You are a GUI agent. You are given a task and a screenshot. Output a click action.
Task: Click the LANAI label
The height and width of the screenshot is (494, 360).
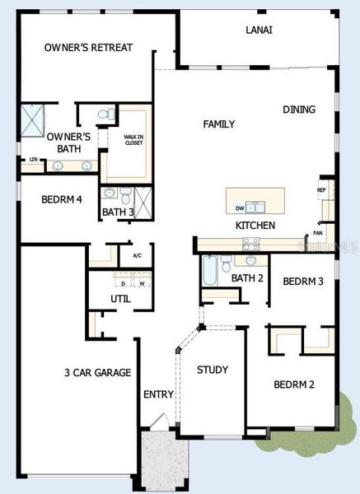tap(259, 30)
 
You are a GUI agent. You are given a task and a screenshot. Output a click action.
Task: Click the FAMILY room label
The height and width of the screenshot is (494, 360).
tap(219, 124)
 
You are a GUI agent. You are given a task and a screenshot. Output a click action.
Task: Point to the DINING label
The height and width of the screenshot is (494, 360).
tap(298, 110)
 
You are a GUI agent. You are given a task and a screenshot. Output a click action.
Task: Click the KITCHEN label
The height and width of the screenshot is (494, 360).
tap(255, 226)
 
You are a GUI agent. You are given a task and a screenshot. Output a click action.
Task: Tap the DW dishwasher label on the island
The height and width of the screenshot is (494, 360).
tap(240, 208)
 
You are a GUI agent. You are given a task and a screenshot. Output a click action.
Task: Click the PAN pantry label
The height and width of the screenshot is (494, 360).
tap(317, 233)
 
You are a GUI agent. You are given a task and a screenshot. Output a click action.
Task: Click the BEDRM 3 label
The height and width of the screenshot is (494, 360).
tap(302, 282)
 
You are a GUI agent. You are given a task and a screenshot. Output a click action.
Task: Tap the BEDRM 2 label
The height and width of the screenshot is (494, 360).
tap(293, 384)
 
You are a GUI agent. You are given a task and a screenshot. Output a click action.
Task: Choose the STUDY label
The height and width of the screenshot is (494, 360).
tap(213, 370)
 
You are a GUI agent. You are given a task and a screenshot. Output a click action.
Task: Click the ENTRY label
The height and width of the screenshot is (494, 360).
tap(158, 394)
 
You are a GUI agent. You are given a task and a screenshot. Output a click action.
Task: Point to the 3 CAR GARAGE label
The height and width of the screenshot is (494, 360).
tap(97, 373)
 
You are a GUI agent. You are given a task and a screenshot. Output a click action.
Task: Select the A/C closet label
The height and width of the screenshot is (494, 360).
tap(137, 256)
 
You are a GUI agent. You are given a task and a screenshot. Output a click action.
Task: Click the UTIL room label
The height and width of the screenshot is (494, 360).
tap(120, 299)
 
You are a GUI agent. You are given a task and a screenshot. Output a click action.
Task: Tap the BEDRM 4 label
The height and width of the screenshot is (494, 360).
tap(40, 199)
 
